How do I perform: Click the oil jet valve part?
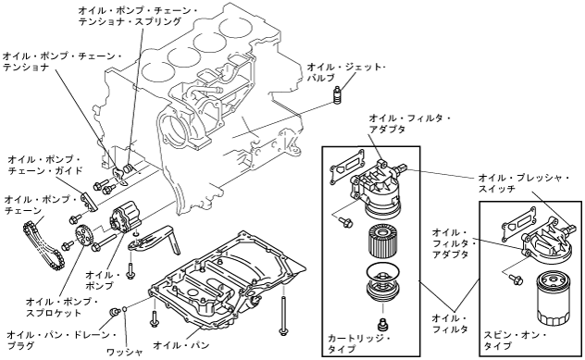pos(337,94)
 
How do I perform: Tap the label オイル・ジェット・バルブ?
pos(346,73)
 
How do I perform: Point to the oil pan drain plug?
pos(114,312)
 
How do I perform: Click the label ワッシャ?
pos(125,352)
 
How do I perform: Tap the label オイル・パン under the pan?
pos(181,344)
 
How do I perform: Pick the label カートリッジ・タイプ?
pos(358,343)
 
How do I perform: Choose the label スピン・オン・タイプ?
pos(515,341)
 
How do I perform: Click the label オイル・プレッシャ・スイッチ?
pos(524,182)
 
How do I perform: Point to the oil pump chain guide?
pos(89,201)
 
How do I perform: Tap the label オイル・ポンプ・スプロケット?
pos(62,306)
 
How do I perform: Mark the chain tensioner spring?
pos(128,169)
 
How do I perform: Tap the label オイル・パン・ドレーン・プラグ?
pos(62,341)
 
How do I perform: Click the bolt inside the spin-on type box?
pos(517,279)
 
